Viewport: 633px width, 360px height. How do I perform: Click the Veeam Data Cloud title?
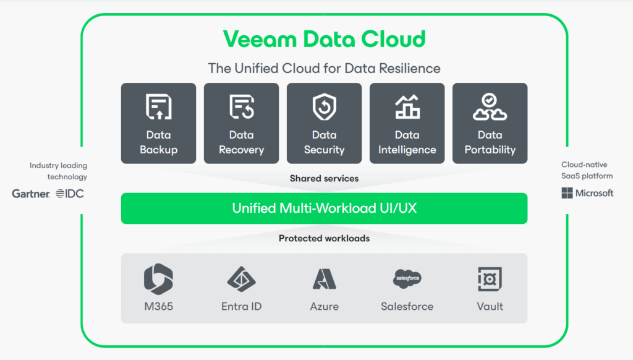tap(324, 39)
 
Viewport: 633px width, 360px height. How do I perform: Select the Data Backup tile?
tap(159, 123)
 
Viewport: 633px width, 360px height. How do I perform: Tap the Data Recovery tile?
tap(242, 123)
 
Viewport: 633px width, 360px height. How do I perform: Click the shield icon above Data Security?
tap(324, 106)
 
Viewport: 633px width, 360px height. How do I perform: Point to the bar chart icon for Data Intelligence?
tap(407, 106)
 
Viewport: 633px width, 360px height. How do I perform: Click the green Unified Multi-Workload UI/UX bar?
tap(324, 208)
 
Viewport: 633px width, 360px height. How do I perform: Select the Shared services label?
tap(324, 179)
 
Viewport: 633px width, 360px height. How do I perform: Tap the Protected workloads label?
tap(324, 238)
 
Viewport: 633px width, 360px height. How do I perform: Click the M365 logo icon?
tap(159, 279)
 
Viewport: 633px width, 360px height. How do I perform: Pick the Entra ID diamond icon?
tap(242, 279)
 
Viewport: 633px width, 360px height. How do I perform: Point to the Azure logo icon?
tap(324, 279)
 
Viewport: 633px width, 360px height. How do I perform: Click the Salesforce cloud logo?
tap(407, 279)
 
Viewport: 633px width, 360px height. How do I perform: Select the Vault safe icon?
tap(490, 279)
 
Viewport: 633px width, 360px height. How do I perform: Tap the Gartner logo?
tap(31, 194)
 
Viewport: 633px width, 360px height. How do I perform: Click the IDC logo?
tap(70, 194)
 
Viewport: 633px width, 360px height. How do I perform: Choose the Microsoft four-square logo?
tap(567, 193)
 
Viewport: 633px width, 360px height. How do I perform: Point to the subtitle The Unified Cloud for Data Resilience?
tap(324, 68)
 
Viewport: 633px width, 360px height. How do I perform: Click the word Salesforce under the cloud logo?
tap(407, 306)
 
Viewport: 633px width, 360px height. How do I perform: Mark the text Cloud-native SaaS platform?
tap(587, 170)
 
